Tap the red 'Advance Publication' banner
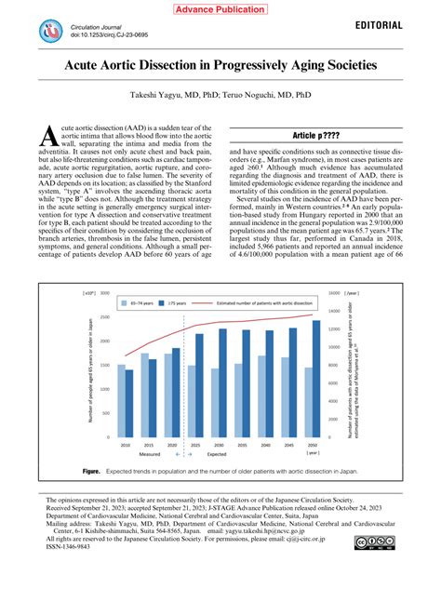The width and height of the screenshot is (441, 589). click(x=220, y=8)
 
